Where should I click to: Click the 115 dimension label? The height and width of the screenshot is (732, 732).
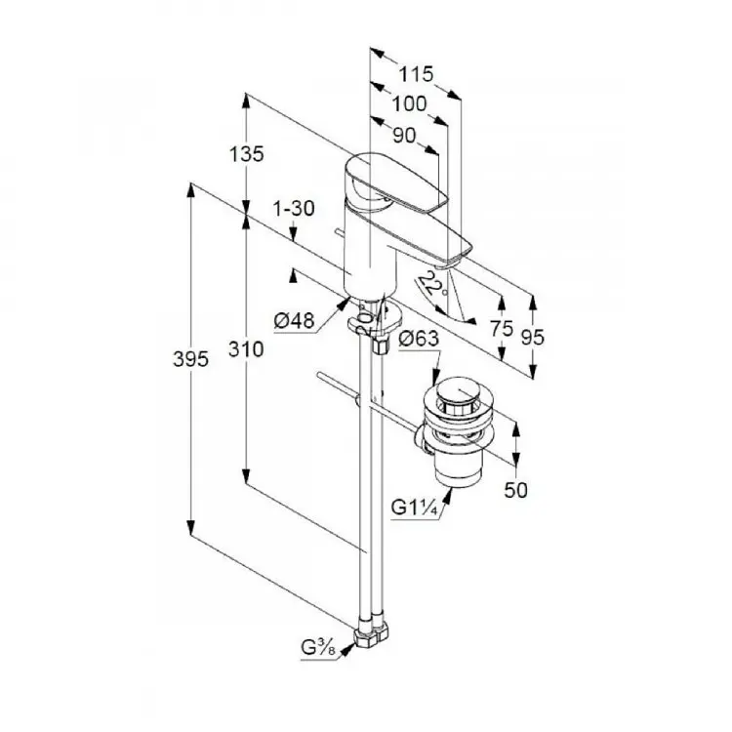coord(416,74)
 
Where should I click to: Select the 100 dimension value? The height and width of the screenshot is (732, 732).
coord(409,104)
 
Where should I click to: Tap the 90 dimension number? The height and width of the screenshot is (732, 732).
coord(404,136)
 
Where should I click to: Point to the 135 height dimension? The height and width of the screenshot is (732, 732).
coord(247,153)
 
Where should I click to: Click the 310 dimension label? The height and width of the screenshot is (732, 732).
coord(246,348)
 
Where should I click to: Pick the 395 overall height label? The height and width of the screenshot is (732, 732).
coord(190,359)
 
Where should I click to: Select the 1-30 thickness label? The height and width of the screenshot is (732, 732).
coord(294,208)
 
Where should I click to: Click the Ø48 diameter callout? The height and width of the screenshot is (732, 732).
coord(294,321)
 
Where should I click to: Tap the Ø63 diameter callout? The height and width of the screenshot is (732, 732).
coord(419,338)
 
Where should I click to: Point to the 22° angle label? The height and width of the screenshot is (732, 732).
coord(431,285)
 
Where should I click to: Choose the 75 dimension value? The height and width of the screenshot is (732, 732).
coord(502,329)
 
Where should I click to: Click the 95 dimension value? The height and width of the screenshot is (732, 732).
coord(533,337)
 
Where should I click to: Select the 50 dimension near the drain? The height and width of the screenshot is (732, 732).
coord(516,490)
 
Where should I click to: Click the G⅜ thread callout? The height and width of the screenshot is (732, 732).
coord(318,648)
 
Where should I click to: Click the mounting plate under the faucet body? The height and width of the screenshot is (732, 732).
coord(375,318)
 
